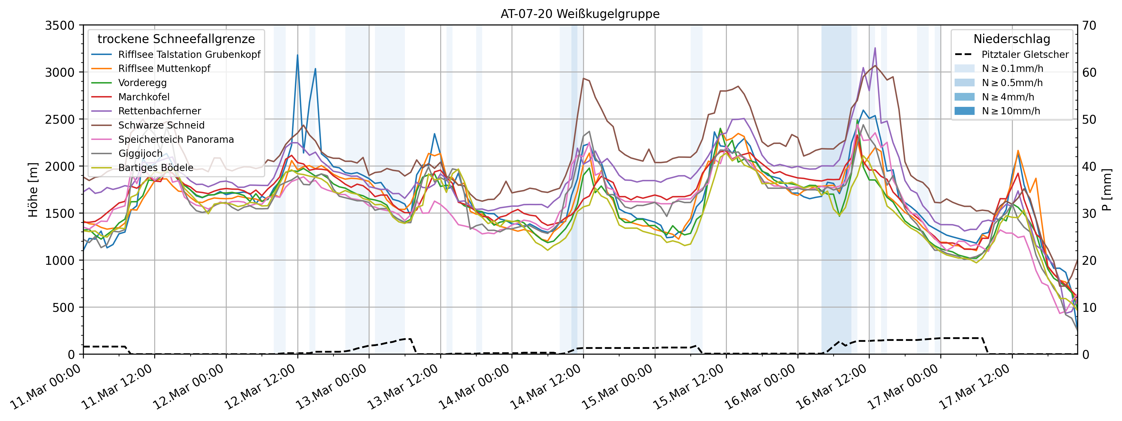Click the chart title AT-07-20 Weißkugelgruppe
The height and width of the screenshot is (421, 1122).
[580, 14]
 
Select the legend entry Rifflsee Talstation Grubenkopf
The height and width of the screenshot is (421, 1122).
[189, 54]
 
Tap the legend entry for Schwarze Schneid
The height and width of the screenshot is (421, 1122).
[161, 125]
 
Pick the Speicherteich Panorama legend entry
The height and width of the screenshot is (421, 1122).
[176, 139]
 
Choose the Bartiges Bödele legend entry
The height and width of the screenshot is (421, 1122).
[155, 168]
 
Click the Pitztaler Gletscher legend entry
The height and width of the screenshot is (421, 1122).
[1024, 54]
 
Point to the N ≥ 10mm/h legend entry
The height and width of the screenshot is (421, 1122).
[1011, 111]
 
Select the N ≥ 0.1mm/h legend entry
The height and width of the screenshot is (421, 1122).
[1012, 69]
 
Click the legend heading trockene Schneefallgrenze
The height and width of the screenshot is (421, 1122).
[176, 39]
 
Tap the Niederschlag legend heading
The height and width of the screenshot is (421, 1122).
[1011, 39]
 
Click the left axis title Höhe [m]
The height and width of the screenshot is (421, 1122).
[33, 190]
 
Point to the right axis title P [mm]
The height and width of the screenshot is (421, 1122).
[1107, 190]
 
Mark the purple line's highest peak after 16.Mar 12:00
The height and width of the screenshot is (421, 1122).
[875, 48]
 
